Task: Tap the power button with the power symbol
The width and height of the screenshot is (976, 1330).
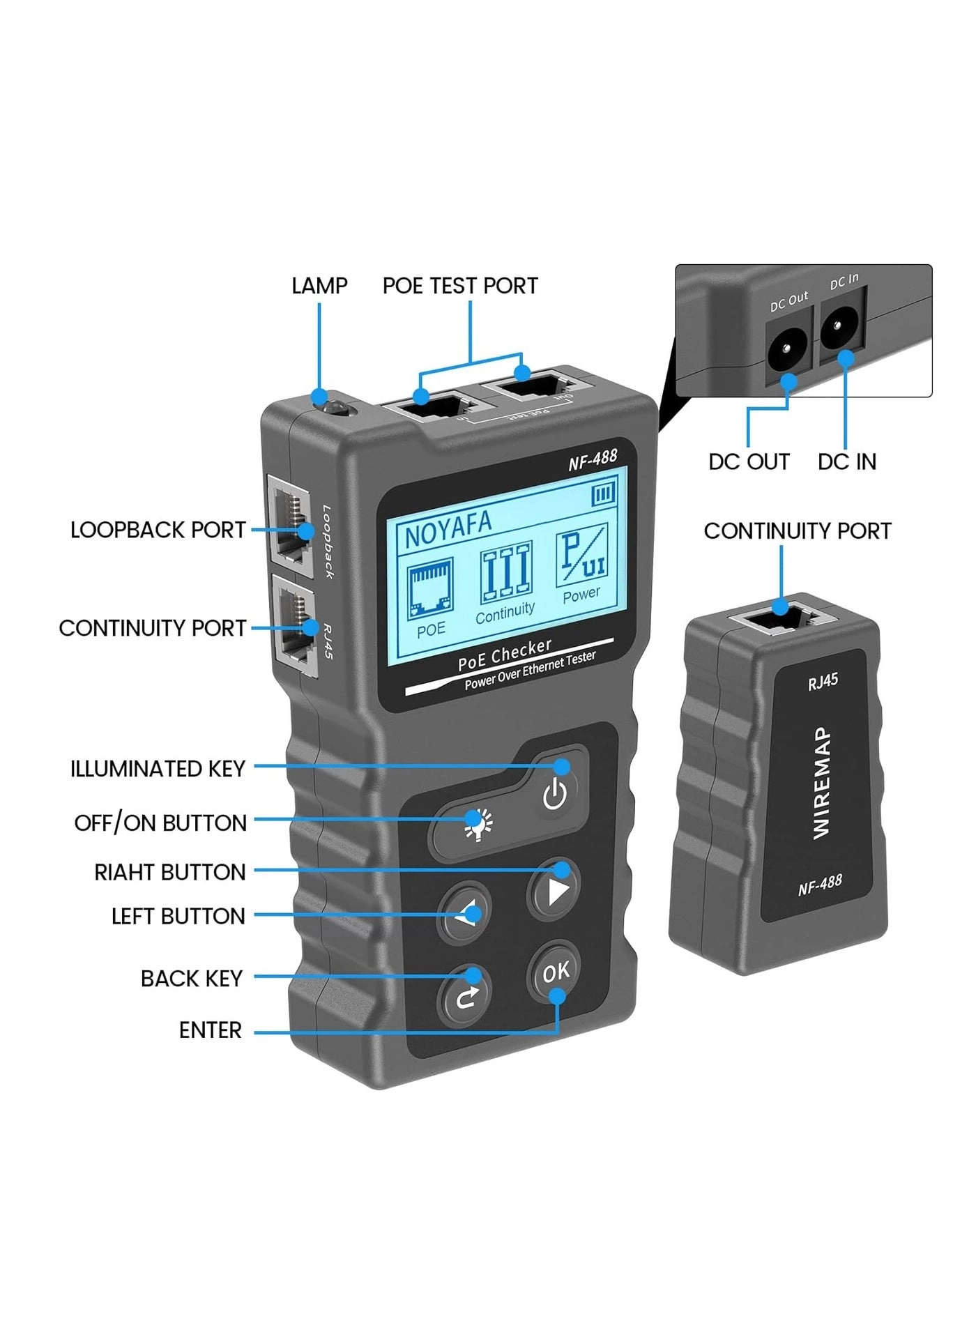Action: click(555, 794)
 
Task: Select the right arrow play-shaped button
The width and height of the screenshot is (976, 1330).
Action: click(555, 891)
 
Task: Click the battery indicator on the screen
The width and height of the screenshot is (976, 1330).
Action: click(603, 495)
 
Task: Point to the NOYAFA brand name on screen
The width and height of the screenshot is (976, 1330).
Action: click(448, 529)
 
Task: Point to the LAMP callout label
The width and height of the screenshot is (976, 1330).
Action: click(319, 286)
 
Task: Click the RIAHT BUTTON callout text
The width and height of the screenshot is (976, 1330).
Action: click(169, 872)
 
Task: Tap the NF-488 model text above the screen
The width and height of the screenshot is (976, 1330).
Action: click(593, 459)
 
